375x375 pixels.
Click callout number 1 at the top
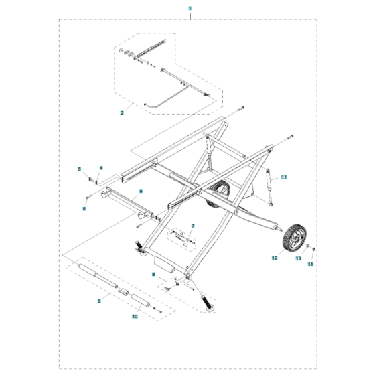[190, 8]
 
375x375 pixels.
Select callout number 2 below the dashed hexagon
[121, 113]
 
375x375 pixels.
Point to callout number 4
[102, 167]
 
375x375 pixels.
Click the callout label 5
[84, 208]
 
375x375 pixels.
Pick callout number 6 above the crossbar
[141, 191]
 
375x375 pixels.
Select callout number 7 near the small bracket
[192, 226]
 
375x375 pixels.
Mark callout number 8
[153, 274]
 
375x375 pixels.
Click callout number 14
[310, 264]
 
